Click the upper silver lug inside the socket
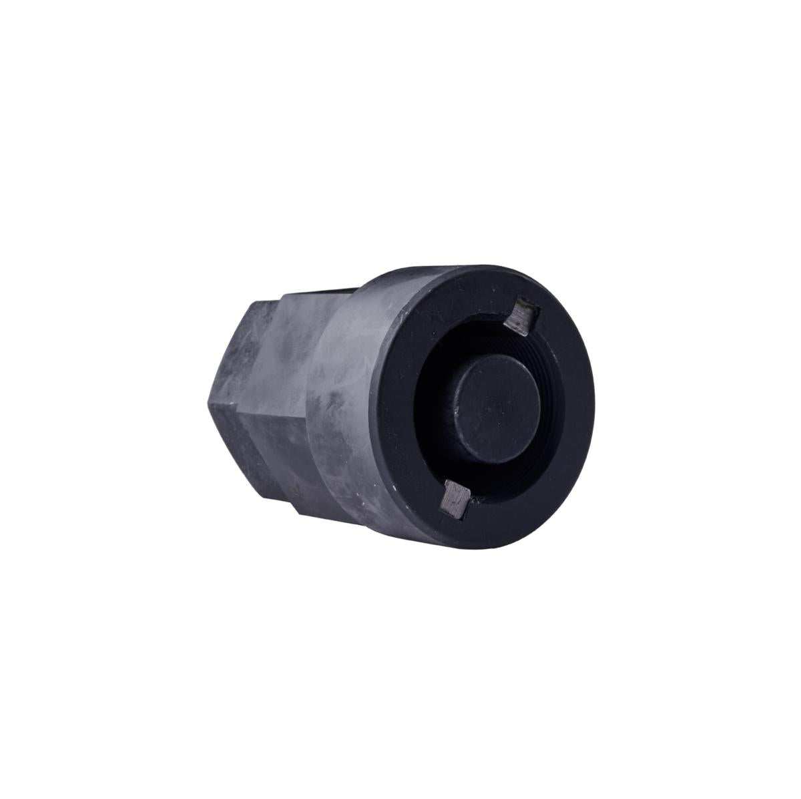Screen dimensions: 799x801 tap(521, 317)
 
